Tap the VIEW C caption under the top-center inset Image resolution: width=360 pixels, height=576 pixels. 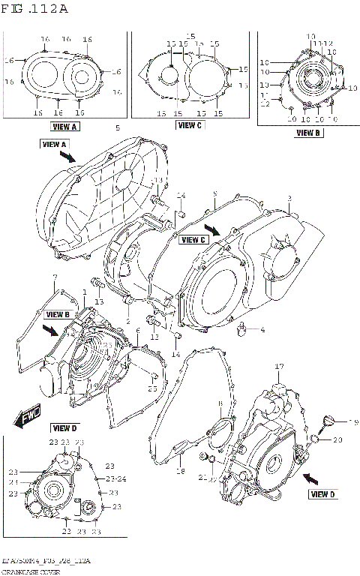[189, 125]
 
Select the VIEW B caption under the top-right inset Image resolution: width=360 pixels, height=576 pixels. [307, 133]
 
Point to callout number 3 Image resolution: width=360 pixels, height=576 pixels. [289, 199]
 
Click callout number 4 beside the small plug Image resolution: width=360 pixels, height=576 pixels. [262, 329]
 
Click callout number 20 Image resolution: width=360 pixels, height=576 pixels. [337, 439]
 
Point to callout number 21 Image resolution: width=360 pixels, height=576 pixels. [202, 477]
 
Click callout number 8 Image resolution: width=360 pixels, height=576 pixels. [219, 404]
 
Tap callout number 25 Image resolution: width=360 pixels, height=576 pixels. [152, 388]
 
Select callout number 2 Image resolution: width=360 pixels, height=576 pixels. [127, 322]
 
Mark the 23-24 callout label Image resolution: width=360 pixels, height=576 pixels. [116, 478]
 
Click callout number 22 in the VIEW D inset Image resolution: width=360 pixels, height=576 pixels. [66, 532]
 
